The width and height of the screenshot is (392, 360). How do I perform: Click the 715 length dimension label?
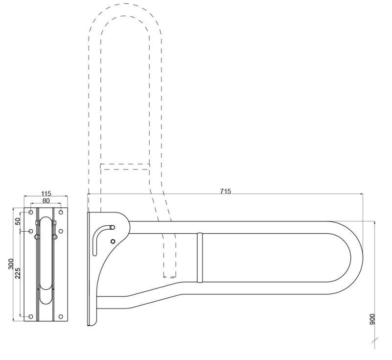point(226,191)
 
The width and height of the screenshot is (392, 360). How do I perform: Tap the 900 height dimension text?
point(372,319)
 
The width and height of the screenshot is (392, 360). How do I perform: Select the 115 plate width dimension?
point(46,193)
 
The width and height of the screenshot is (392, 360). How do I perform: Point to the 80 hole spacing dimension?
point(46,200)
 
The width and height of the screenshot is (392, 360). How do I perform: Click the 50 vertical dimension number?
point(18,221)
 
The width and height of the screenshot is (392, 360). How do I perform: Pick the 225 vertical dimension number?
point(18,273)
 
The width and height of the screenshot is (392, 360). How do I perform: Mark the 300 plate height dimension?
point(11,264)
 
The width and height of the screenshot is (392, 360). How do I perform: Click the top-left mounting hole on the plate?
point(31,212)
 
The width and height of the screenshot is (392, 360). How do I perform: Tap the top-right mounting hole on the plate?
point(61,212)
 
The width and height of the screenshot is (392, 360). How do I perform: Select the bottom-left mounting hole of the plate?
point(31,316)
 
